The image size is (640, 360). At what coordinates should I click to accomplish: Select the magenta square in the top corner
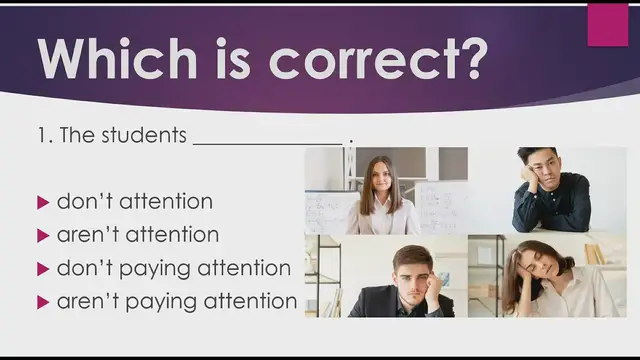[x=608, y=25]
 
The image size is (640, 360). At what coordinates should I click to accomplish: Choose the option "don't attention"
[x=134, y=201]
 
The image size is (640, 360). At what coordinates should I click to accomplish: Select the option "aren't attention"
[x=137, y=235]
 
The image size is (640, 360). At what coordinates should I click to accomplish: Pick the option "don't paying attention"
[x=173, y=268]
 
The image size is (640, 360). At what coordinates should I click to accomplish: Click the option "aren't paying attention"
[x=176, y=301]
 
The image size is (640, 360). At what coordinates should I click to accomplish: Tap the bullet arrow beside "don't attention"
[x=43, y=202]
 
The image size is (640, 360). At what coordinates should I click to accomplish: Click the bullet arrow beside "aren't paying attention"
[x=43, y=302]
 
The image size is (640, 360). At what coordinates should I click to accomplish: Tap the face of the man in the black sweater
[x=537, y=167]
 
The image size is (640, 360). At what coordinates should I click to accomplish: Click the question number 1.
[x=44, y=136]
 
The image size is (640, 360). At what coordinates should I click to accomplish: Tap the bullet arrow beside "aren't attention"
[x=43, y=236]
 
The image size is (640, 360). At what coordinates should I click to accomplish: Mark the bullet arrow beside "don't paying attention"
[x=43, y=269]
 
